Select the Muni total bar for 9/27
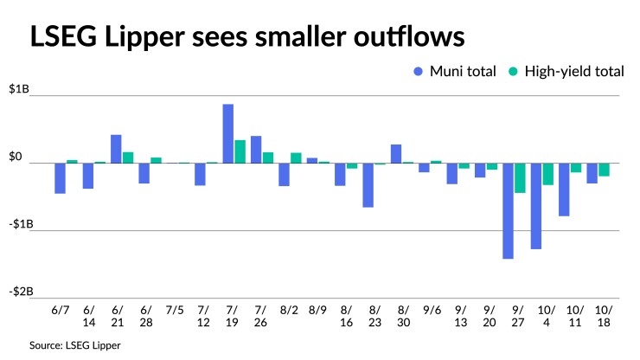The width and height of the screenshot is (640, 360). pyautogui.click(x=508, y=210)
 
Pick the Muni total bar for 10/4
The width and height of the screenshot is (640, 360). pyautogui.click(x=536, y=206)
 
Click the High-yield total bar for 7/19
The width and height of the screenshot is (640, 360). pyautogui.click(x=240, y=151)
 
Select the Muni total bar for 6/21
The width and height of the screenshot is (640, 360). pyautogui.click(x=116, y=149)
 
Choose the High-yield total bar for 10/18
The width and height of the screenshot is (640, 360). pyautogui.click(x=605, y=170)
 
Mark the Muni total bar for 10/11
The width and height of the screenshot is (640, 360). pyautogui.click(x=564, y=190)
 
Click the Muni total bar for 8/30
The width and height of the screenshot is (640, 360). pyautogui.click(x=396, y=154)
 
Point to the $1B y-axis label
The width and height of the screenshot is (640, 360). pyautogui.click(x=16, y=89)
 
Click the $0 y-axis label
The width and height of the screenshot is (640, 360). pyautogui.click(x=16, y=157)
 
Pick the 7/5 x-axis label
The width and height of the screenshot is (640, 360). pyautogui.click(x=174, y=309)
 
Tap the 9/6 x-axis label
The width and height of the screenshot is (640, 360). pyautogui.click(x=431, y=309)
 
